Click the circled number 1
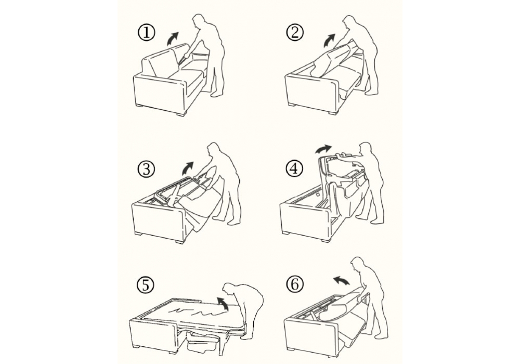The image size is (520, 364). (x=146, y=33)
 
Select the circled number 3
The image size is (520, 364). (x=146, y=170)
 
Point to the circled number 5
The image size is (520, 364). (x=146, y=285)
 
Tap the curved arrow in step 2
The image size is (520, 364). (x=329, y=41)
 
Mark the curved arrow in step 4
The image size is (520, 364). (x=322, y=149)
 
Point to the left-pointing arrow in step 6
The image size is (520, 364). (x=341, y=280)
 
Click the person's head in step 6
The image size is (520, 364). (x=357, y=265)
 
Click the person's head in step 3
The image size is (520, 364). (x=213, y=151)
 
